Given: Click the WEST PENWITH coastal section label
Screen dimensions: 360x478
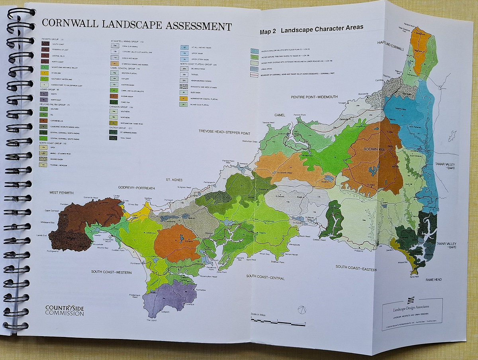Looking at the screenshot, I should coord(61,193).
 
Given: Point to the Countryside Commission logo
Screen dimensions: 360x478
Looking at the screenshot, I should coord(65,310).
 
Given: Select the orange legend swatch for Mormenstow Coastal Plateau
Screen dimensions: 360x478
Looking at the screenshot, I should coord(184,98).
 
